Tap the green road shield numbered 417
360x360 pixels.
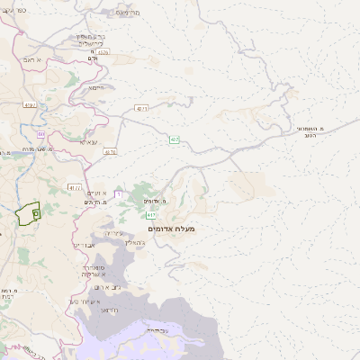tap(150, 215)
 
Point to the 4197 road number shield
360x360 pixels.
tap(30, 105)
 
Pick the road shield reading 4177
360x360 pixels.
tap(75, 187)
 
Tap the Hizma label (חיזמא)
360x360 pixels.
tap(96, 87)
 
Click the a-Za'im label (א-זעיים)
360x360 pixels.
tap(97, 193)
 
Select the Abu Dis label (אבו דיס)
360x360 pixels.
tap(83, 244)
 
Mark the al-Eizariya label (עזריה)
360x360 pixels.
tap(114, 234)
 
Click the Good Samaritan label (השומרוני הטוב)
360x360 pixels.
tap(310, 132)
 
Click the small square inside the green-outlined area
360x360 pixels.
tap(35, 213)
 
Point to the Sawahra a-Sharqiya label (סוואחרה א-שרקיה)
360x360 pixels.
tap(94, 271)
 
